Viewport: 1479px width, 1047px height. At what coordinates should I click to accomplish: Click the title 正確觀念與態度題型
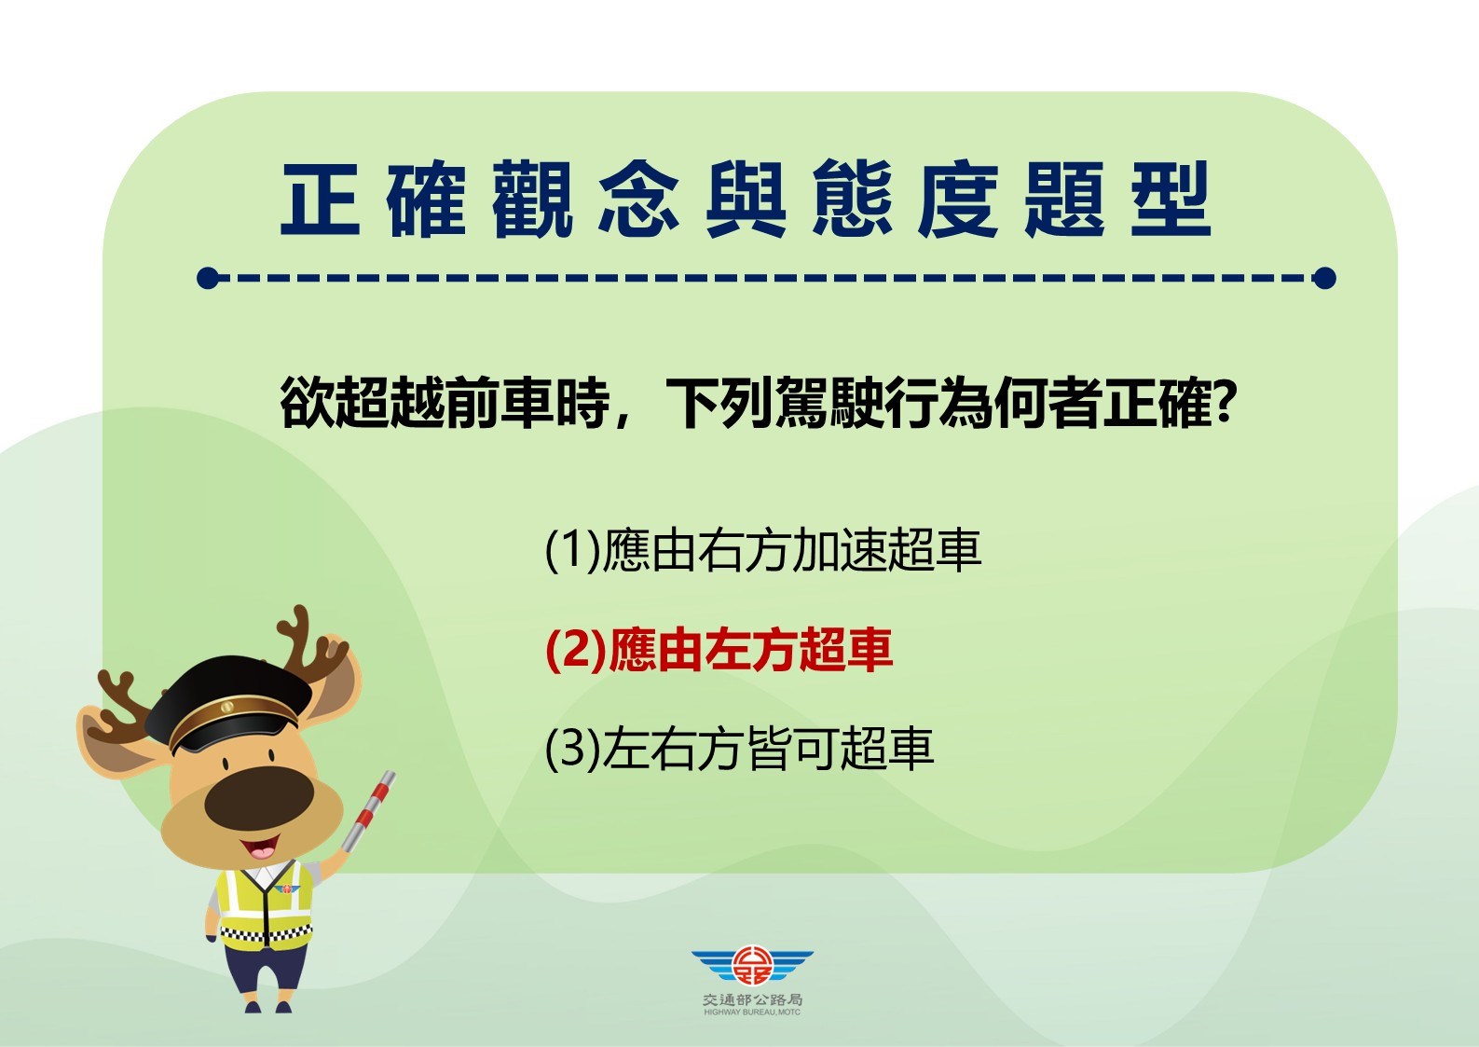coord(746,199)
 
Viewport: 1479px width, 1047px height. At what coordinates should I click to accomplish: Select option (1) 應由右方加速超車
coord(762,549)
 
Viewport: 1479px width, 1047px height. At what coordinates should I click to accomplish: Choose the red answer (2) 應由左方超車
coord(719,649)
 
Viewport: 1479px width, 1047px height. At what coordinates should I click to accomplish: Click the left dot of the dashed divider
coord(207,278)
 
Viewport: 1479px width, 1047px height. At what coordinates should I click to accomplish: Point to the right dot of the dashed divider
coord(1324,278)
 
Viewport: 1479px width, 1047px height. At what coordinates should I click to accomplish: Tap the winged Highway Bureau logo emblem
coord(752,965)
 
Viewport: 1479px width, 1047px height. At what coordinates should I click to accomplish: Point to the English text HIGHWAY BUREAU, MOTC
coord(752,1013)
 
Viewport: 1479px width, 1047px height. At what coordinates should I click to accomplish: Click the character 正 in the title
coord(321,199)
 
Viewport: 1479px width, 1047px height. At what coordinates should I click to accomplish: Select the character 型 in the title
coord(1171,199)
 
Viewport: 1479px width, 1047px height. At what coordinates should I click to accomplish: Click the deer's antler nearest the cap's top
coord(310,644)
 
